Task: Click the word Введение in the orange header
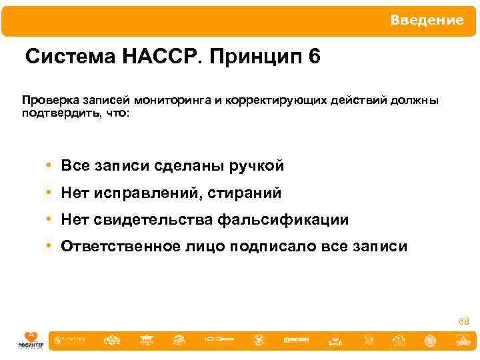[427, 20]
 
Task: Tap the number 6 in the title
[315, 57]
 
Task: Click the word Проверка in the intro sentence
[49, 100]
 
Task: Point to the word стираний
[245, 193]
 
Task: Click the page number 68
[463, 322]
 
